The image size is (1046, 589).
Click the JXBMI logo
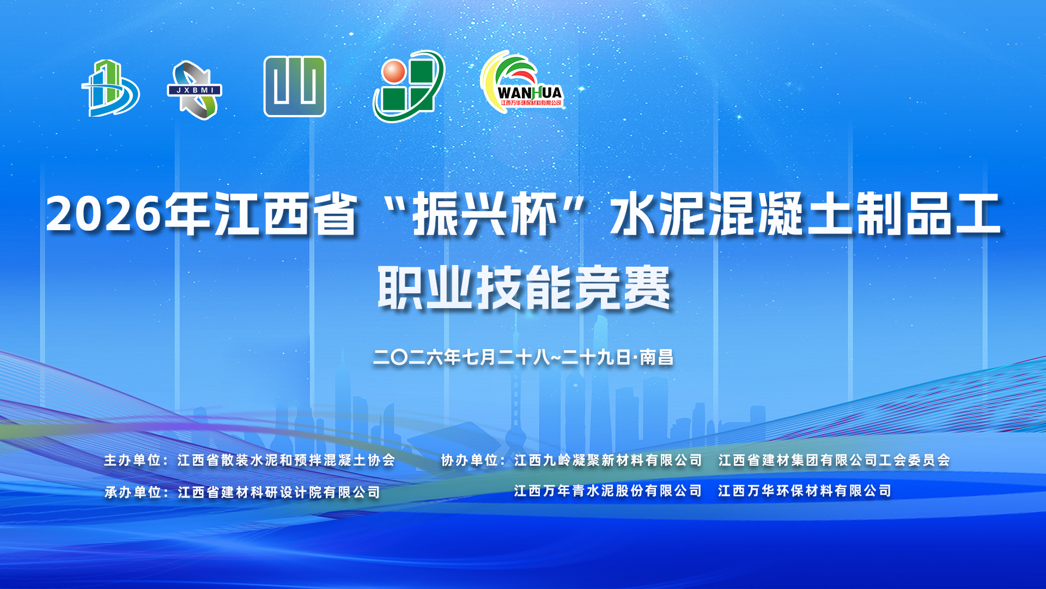tap(194, 90)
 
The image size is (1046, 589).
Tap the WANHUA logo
tap(521, 82)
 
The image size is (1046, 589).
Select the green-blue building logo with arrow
tap(111, 88)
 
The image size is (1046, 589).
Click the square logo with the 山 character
tap(295, 86)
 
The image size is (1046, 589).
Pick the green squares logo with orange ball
tap(409, 86)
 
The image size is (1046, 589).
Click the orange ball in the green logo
tap(394, 72)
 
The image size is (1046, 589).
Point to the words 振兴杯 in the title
tap(485, 214)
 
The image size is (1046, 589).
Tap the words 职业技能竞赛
tap(524, 287)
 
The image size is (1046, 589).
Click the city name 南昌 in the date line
tap(656, 357)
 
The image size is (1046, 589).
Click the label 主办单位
tap(132, 460)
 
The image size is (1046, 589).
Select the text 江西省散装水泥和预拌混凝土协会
tap(287, 460)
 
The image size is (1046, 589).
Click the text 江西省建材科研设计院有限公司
tap(279, 492)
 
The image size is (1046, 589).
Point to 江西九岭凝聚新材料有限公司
tap(608, 460)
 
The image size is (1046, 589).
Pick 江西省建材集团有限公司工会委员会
tap(834, 460)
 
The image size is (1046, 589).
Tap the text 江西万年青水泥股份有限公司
tap(608, 491)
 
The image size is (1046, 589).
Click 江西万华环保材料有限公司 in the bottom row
tap(805, 491)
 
